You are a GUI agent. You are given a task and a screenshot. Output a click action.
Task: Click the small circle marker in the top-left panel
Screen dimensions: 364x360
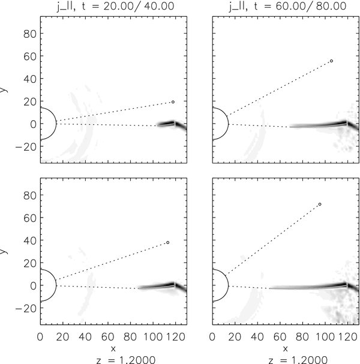tap(173, 102)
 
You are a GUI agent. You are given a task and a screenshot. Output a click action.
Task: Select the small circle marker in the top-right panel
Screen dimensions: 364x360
tap(331, 61)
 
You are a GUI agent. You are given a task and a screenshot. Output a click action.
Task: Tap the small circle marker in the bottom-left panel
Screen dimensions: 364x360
tap(168, 243)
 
